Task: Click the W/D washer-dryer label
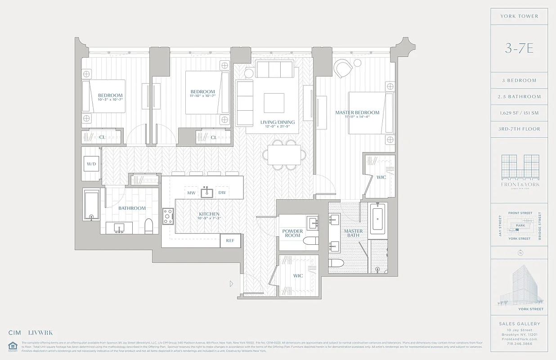tap(91, 164)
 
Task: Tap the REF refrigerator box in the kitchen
tap(230, 240)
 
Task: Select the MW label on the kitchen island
tap(191, 193)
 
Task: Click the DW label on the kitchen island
tap(222, 193)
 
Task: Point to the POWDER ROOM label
tap(292, 233)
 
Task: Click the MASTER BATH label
tap(353, 233)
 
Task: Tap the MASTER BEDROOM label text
tap(357, 112)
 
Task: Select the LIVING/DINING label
tap(278, 122)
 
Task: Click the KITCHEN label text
tap(209, 214)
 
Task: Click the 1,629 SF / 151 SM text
tap(519, 112)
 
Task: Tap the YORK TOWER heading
tap(519, 16)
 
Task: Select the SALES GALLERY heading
tap(519, 324)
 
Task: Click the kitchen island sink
tap(206, 192)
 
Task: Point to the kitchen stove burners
tap(168, 216)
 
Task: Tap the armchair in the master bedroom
tap(343, 69)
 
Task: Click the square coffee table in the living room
tap(274, 103)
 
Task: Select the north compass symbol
tap(520, 253)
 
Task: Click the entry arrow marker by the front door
tap(232, 283)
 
